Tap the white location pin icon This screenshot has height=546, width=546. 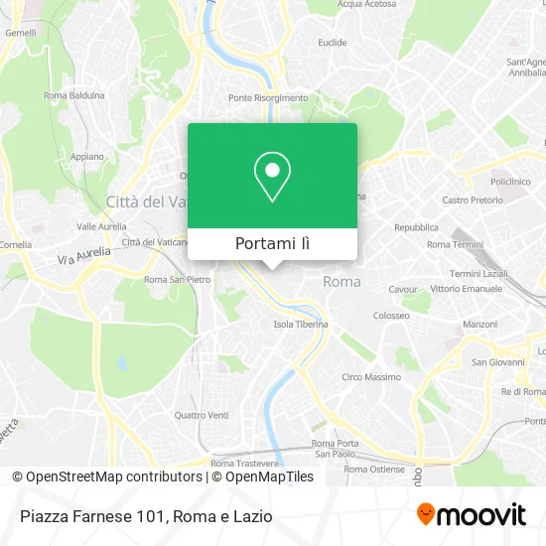click(x=272, y=177)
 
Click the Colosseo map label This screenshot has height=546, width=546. click(x=391, y=316)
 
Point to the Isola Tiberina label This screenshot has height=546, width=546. click(x=301, y=325)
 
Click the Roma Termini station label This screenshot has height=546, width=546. click(x=453, y=244)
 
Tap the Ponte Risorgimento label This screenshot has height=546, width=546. click(x=268, y=98)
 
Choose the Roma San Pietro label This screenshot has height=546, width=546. click(x=178, y=280)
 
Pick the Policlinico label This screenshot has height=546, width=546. click(x=513, y=183)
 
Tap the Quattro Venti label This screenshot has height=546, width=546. click(x=202, y=415)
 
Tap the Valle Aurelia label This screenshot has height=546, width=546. click(x=100, y=226)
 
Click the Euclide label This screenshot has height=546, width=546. click(x=332, y=43)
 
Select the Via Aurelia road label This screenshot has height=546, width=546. click(x=83, y=255)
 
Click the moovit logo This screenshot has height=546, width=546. click(x=471, y=515)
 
